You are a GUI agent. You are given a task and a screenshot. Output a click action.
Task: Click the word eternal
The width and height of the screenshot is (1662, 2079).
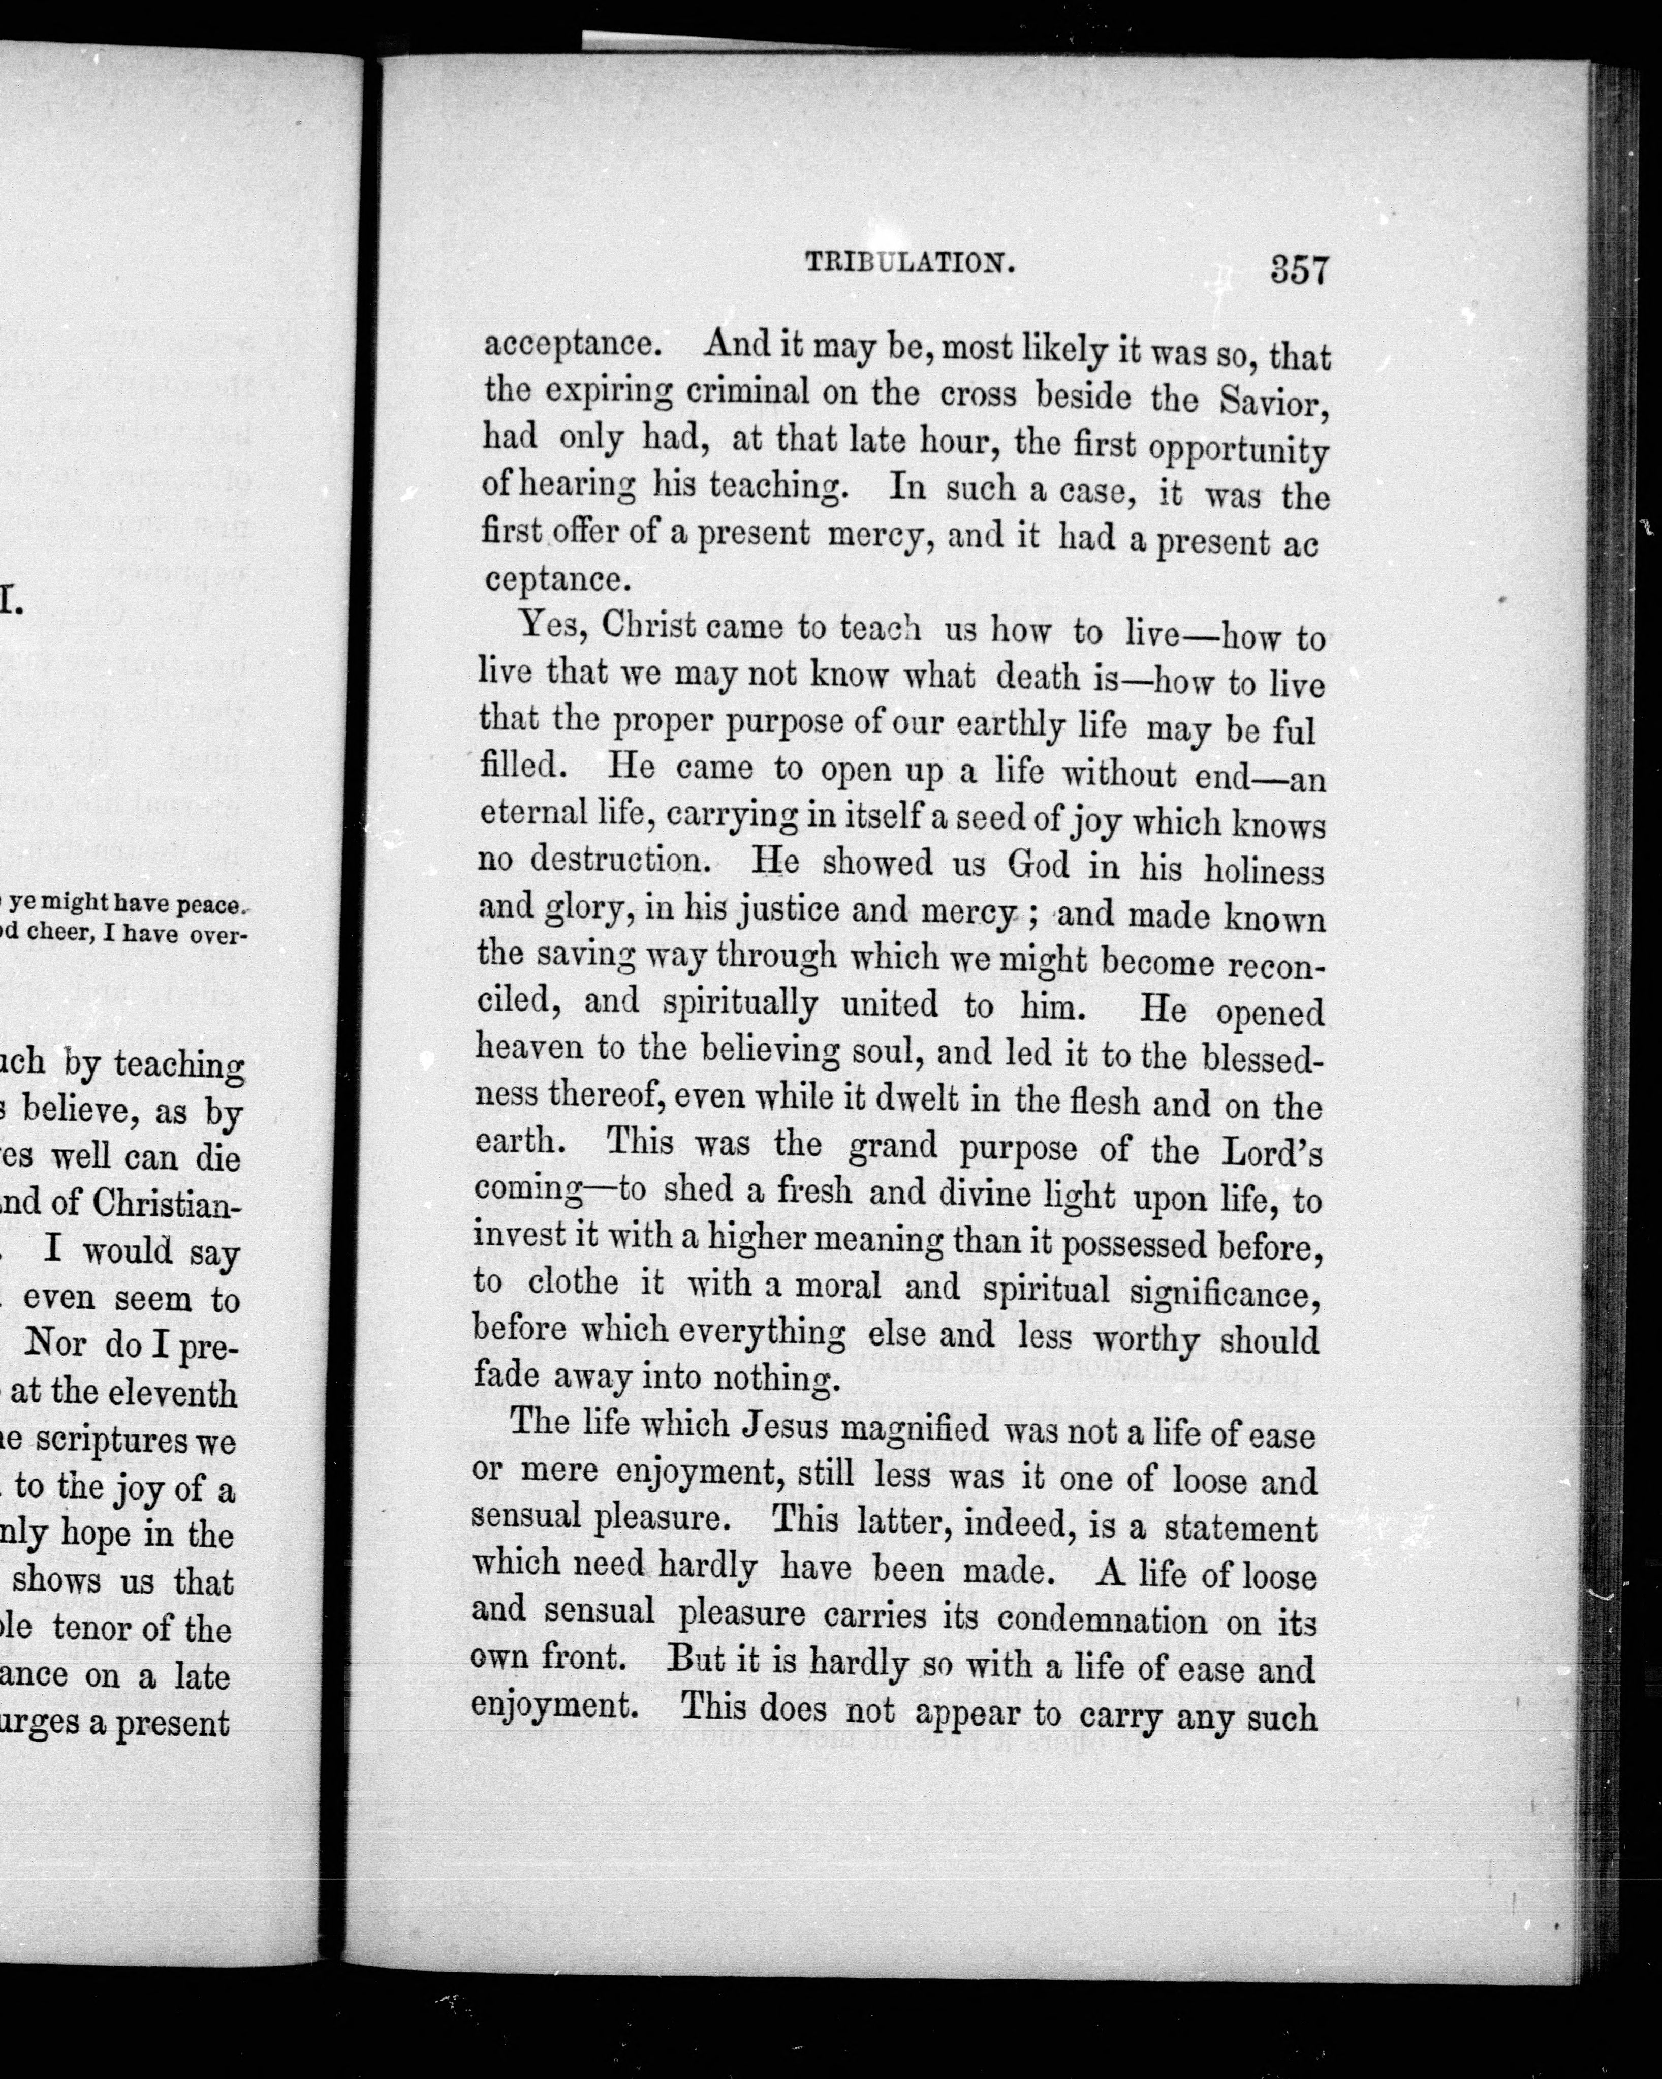(532, 812)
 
